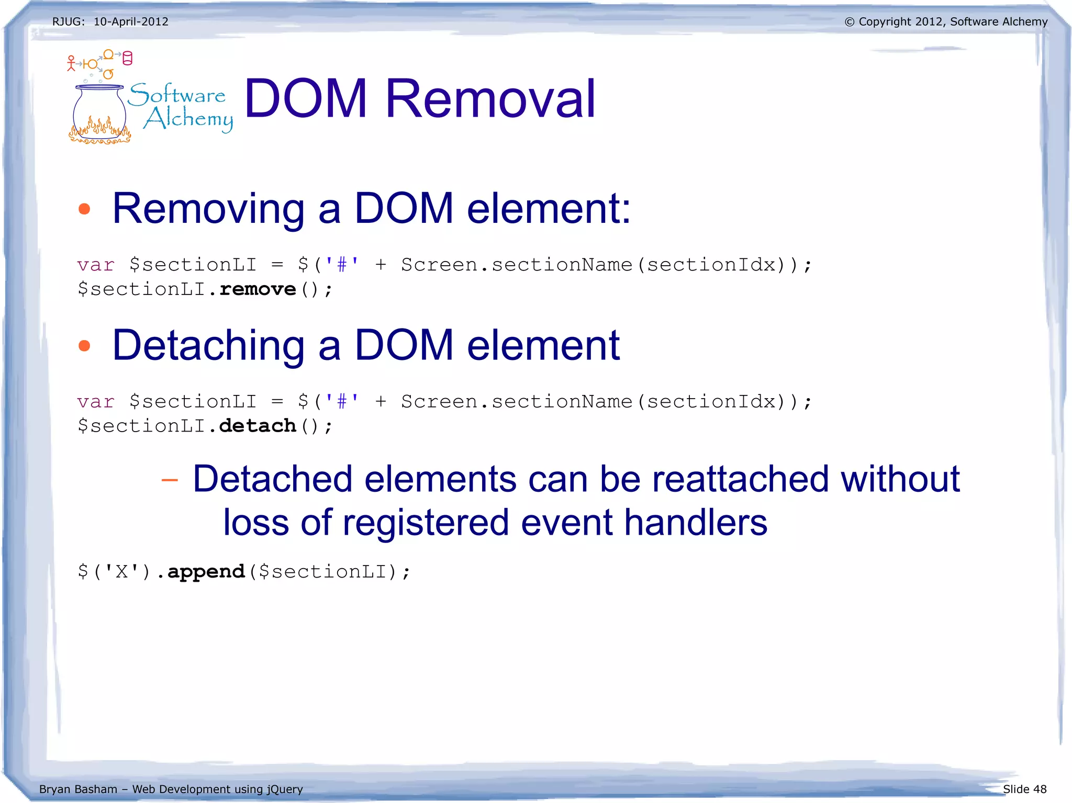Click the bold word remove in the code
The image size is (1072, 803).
tap(258, 289)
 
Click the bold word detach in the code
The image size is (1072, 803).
tap(258, 426)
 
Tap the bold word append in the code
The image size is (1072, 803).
tap(206, 571)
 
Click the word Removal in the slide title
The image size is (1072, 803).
tap(490, 98)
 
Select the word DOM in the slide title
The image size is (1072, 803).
tap(306, 98)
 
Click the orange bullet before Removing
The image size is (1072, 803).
tap(84, 209)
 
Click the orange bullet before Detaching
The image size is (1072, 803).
tap(84, 346)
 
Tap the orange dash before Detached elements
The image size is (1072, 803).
tap(170, 480)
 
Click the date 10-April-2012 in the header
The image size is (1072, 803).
tap(131, 22)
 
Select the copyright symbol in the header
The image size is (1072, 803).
tap(849, 22)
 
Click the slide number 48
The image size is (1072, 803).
tap(1040, 789)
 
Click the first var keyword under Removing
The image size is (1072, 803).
tap(96, 265)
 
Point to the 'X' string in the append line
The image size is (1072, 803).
tap(121, 571)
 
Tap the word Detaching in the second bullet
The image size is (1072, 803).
tap(208, 346)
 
